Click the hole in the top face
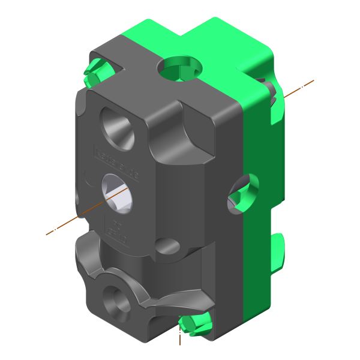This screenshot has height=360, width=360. pyautogui.click(x=178, y=68)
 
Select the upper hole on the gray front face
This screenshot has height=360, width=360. pyautogui.click(x=118, y=127)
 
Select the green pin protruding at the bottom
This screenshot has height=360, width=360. pyautogui.click(x=195, y=324)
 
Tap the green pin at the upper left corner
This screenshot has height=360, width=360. pyautogui.click(x=96, y=71)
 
